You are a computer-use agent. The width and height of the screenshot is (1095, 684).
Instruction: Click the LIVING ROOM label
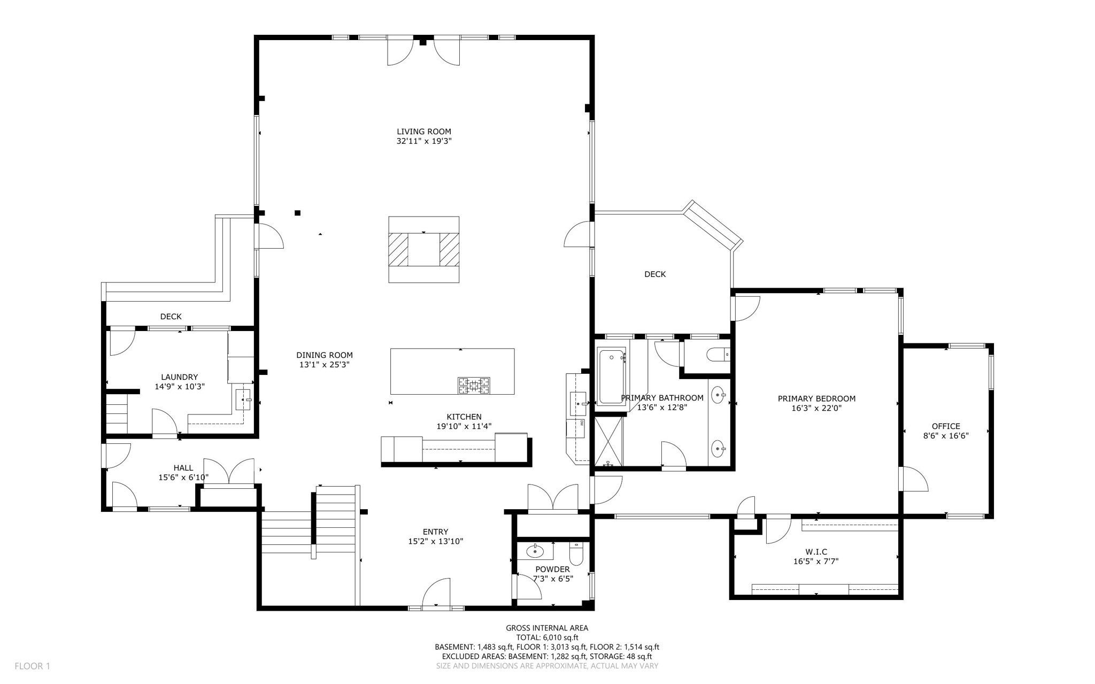(x=423, y=132)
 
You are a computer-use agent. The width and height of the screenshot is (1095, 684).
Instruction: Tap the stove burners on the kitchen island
(x=473, y=386)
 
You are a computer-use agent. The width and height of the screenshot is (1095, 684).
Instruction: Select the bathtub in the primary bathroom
(x=611, y=376)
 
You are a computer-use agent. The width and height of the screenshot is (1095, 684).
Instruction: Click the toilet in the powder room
(x=576, y=554)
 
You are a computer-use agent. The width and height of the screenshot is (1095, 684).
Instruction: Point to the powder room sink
(x=534, y=550)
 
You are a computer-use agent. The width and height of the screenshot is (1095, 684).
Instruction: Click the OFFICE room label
(x=945, y=426)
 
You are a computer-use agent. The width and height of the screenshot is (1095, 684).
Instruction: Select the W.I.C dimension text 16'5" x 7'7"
(x=815, y=562)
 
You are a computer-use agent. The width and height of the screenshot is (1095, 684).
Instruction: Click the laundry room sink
(x=243, y=399)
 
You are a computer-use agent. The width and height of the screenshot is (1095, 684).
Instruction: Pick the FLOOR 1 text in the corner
(x=32, y=666)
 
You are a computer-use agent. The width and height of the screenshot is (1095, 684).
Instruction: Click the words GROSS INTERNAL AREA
(x=546, y=628)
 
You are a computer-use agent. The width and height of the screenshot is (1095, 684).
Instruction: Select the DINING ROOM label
(x=325, y=355)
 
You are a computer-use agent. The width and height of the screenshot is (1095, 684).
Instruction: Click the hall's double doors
(x=229, y=472)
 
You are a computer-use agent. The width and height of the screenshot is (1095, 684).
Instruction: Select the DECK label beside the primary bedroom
(x=654, y=274)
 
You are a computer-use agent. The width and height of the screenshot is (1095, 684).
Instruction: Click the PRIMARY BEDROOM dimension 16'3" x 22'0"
(x=816, y=408)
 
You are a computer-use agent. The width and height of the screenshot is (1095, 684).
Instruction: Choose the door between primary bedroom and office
(x=913, y=480)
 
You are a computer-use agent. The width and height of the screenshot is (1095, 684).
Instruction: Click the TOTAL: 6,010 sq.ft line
(x=546, y=637)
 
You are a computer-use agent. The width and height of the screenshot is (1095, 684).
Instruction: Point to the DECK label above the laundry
(x=171, y=317)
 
